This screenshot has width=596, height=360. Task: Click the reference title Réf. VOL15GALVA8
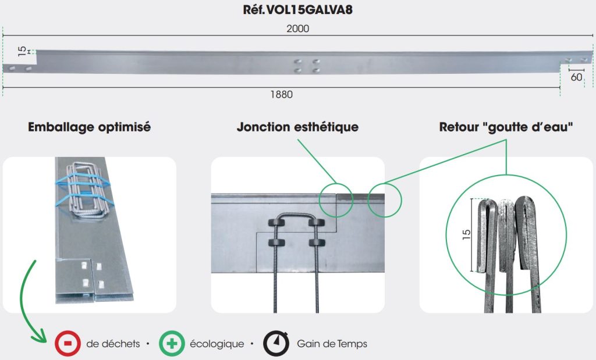click(x=297, y=9)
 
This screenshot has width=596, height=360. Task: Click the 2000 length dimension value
click(x=297, y=28)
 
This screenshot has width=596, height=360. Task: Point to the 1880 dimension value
click(x=281, y=95)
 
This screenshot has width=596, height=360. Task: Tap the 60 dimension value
click(x=576, y=77)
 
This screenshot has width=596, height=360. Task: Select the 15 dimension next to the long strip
click(x=23, y=51)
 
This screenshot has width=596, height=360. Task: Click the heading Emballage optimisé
click(x=89, y=127)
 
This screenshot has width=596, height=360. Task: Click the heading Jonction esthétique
click(x=297, y=127)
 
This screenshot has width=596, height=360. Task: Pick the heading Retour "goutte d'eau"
click(x=506, y=127)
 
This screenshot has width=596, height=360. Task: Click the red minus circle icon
click(x=68, y=343)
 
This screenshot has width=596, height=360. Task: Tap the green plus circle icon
click(x=172, y=343)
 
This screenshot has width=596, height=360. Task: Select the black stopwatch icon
click(x=276, y=343)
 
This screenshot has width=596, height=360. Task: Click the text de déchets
click(x=113, y=344)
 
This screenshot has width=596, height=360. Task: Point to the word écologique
click(x=217, y=344)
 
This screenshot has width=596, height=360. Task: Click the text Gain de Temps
click(x=332, y=344)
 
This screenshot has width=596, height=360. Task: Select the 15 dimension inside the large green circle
click(x=466, y=234)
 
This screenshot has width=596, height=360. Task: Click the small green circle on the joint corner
click(x=336, y=200)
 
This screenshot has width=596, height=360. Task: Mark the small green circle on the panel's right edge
click(x=384, y=200)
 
